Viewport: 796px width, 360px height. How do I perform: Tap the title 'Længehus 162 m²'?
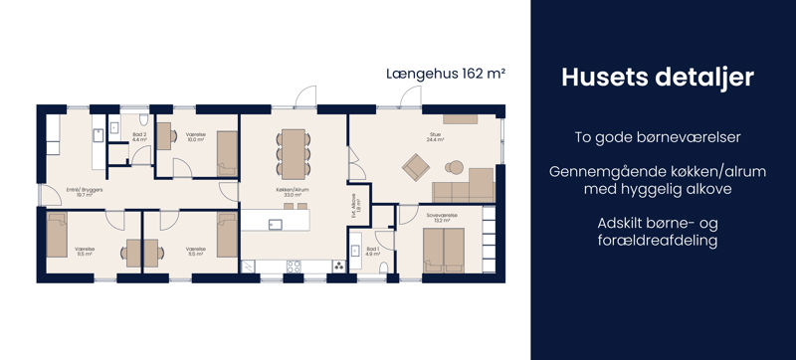pyautogui.click(x=446, y=74)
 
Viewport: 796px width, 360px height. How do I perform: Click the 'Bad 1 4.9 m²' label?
pyautogui.click(x=372, y=252)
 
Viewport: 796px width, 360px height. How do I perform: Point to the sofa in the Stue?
pyautogui.click(x=464, y=185)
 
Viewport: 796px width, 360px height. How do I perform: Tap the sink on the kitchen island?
pyautogui.click(x=276, y=222)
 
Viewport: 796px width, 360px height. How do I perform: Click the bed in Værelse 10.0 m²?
pyautogui.click(x=227, y=152)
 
